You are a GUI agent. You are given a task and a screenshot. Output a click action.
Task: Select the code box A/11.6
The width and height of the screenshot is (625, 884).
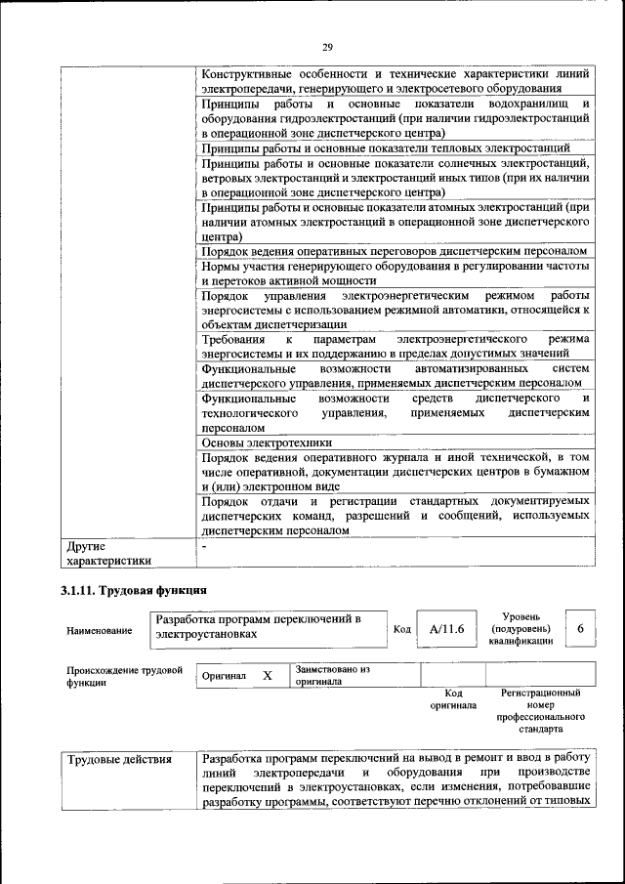point(445,629)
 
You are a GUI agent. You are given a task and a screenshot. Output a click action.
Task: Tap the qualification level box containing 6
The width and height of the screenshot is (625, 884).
point(580,629)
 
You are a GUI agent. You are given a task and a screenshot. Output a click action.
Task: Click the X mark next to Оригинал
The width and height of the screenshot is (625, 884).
point(267,675)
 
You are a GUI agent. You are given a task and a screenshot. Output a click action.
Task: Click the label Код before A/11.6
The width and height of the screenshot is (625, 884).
point(401,629)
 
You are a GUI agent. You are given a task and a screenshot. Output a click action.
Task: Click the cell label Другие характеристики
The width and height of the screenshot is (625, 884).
point(108,553)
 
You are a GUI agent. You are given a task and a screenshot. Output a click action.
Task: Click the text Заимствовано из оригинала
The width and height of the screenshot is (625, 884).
point(332,676)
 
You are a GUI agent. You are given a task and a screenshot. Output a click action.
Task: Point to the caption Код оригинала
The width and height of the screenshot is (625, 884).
point(453,697)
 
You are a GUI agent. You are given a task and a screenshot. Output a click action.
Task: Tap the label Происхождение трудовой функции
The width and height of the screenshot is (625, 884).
point(124,676)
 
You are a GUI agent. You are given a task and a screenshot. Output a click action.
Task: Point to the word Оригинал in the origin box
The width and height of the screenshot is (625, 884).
point(224,676)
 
